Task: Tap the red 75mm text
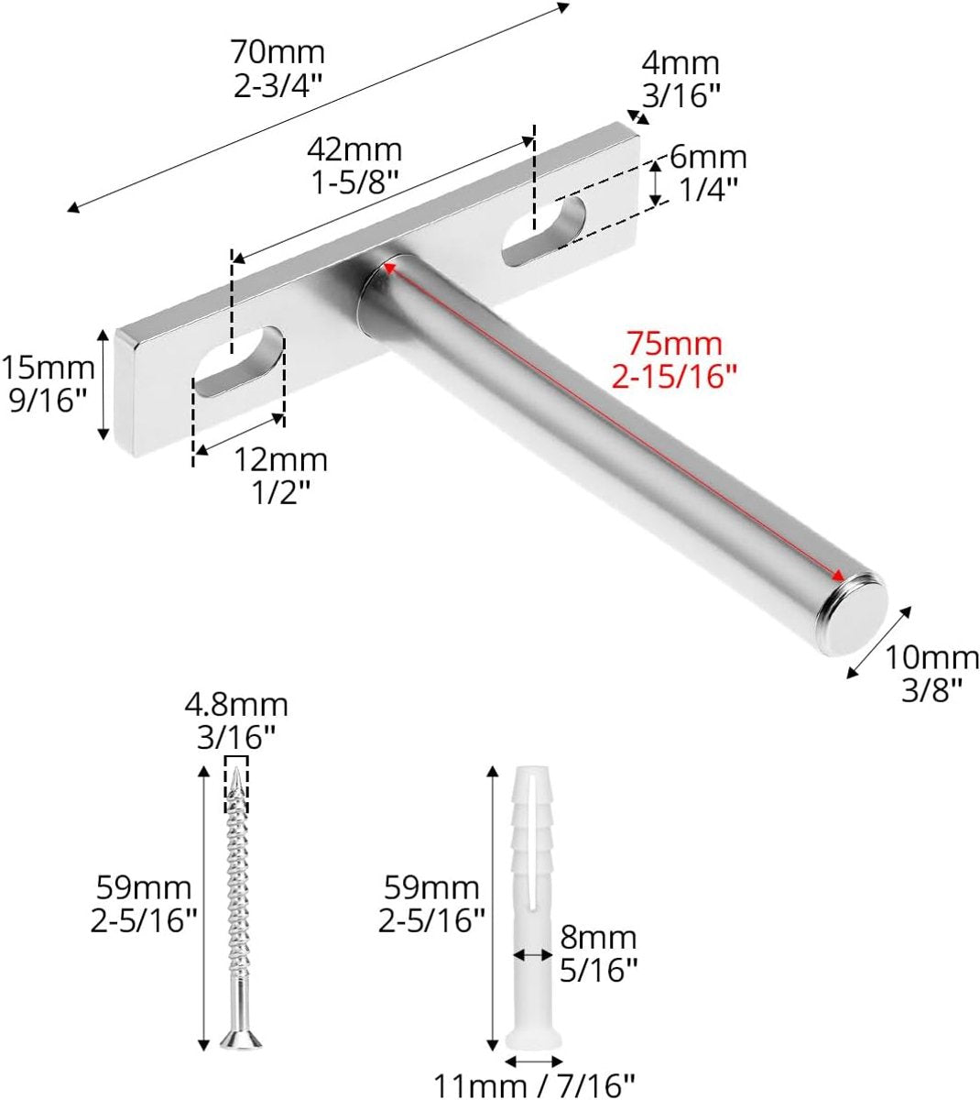tap(674, 345)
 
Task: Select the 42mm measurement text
tap(354, 148)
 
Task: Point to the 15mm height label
tap(48, 368)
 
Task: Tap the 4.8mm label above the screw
tap(236, 705)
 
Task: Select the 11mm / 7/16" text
tap(534, 1086)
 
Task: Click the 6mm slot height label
tap(707, 158)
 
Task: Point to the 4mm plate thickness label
tap(681, 63)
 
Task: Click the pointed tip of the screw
tap(236, 777)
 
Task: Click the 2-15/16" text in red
tap(674, 375)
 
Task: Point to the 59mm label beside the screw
tap(145, 887)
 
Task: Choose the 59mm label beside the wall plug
tap(431, 887)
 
